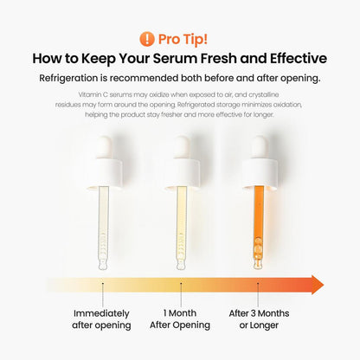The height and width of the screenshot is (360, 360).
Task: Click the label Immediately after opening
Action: click(101, 318)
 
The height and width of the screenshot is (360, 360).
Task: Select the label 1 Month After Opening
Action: click(181, 318)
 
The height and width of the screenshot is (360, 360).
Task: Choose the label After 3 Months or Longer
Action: click(260, 318)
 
